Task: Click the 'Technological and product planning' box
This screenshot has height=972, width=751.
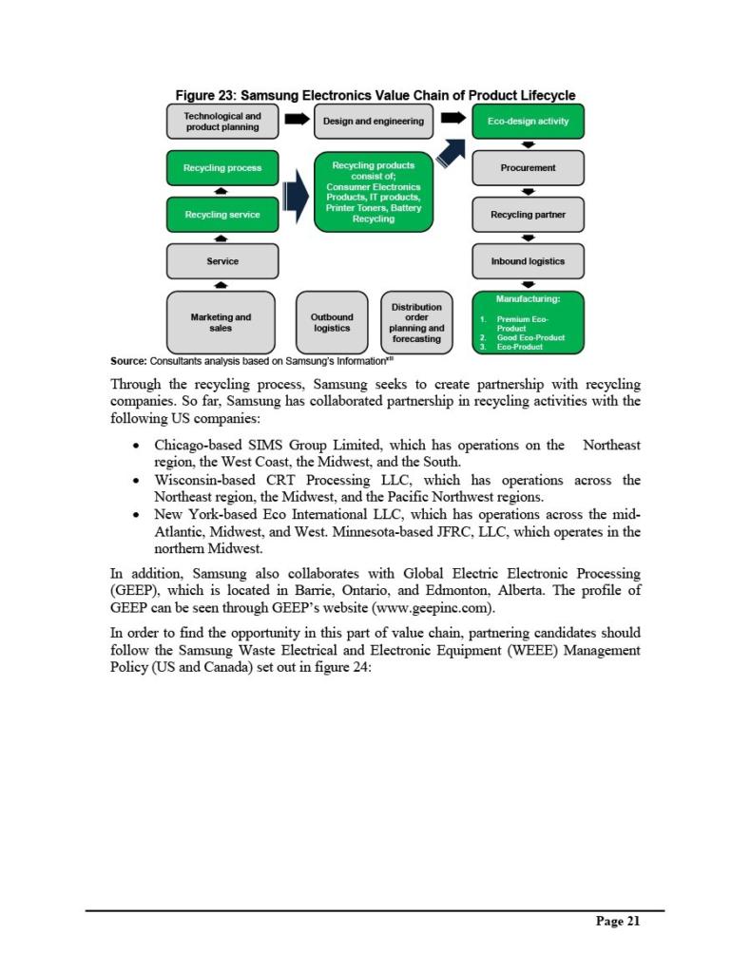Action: (x=222, y=121)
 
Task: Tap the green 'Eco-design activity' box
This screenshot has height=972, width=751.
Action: (x=528, y=121)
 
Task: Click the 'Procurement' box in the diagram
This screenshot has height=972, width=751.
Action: (x=528, y=167)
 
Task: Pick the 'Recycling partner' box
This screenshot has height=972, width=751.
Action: (x=528, y=214)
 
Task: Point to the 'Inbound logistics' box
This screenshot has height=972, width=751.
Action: (x=528, y=260)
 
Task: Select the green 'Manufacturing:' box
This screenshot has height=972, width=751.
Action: (x=528, y=322)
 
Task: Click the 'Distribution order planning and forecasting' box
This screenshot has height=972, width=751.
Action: (x=416, y=322)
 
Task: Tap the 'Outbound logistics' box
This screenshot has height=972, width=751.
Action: (x=332, y=322)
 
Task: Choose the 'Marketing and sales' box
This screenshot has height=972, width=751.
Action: (x=222, y=322)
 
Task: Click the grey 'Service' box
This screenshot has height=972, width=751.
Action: (x=222, y=260)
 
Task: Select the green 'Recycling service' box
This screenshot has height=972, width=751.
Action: (x=222, y=214)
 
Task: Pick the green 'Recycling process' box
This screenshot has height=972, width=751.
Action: (x=222, y=167)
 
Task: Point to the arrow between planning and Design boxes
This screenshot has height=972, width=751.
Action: (x=298, y=120)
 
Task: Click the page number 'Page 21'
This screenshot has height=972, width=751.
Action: (x=618, y=921)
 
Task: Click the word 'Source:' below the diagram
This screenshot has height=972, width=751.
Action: (x=128, y=361)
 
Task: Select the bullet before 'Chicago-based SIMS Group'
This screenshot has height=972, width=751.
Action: (x=140, y=446)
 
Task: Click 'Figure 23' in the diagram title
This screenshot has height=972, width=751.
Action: (x=204, y=95)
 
